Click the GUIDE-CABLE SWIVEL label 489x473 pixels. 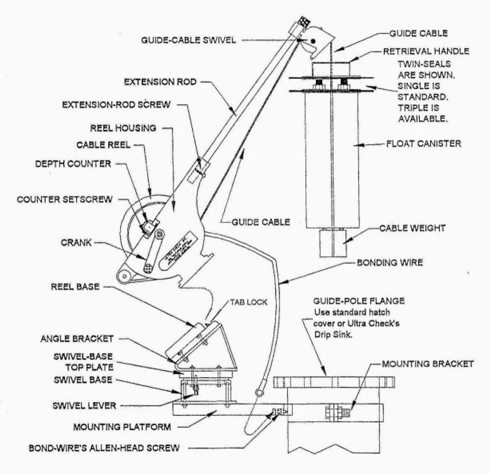pyautogui.click(x=190, y=40)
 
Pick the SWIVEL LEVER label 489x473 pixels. pyautogui.click(x=78, y=406)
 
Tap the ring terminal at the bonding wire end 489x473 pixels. pyautogui.click(x=260, y=391)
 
